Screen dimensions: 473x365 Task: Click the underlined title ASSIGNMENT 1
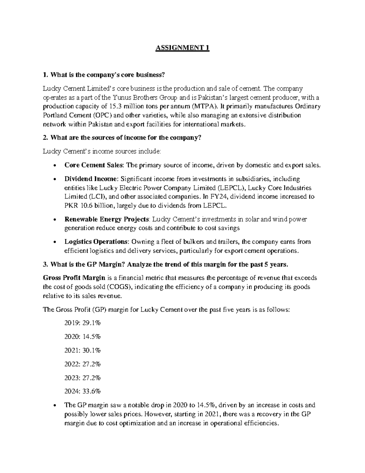[x=182, y=48]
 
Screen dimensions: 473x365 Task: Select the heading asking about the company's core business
[x=104, y=75]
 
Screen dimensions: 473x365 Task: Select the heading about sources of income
[x=122, y=138]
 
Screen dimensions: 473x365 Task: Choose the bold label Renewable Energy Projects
[x=107, y=219]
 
